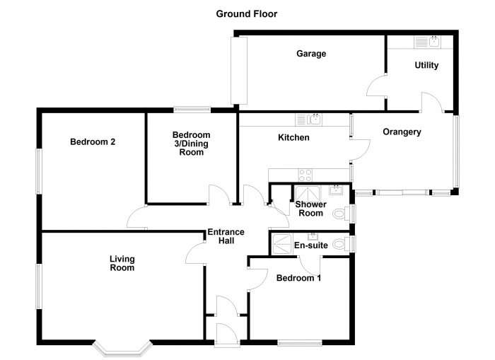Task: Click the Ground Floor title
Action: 247,14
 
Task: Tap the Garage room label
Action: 311,54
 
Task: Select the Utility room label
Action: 426,65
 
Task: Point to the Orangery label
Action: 402,132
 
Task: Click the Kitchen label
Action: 293,137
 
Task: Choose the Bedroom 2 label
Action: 93,141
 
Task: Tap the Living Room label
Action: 122,263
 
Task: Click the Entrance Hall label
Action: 226,236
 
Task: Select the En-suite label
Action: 311,245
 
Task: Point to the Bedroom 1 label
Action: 298,278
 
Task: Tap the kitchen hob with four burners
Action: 305,175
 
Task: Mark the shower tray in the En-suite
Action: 282,244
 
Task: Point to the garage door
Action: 239,71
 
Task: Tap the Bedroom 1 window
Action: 300,342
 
